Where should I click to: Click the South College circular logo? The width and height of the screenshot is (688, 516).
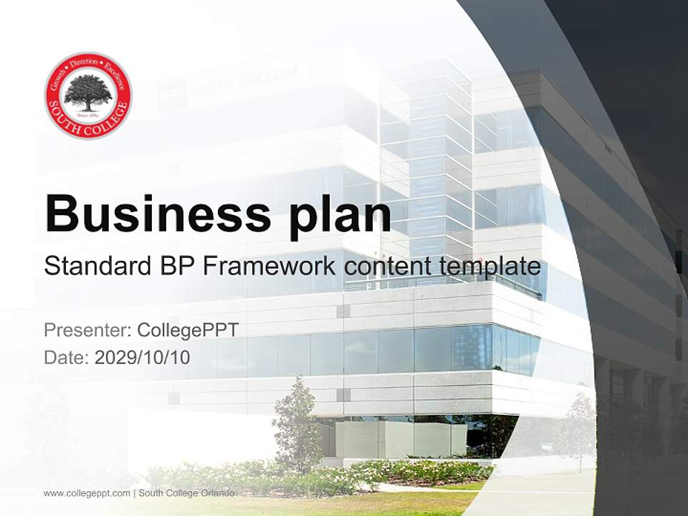(x=88, y=95)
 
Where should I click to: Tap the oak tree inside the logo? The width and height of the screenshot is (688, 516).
(x=88, y=92)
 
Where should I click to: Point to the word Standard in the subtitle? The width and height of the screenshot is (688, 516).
(x=96, y=266)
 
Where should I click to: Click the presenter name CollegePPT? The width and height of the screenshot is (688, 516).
(x=188, y=330)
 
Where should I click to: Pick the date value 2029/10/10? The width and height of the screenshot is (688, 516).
(x=143, y=357)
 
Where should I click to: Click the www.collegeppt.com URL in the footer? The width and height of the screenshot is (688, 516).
(x=87, y=493)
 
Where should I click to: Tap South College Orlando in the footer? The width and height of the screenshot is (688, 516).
(x=186, y=493)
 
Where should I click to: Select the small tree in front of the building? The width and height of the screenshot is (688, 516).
(x=297, y=423)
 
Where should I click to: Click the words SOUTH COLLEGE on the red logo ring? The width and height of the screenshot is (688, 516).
(x=88, y=123)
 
